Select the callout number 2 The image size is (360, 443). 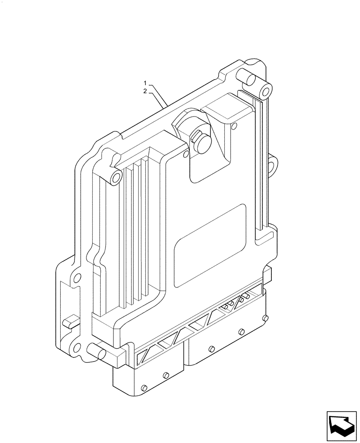point(145,91)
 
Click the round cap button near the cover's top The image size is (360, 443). point(200,143)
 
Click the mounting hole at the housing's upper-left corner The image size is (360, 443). point(116,178)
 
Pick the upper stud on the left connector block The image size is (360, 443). point(166,375)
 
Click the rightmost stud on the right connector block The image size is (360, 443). point(265,318)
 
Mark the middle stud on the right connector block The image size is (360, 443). point(241,331)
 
